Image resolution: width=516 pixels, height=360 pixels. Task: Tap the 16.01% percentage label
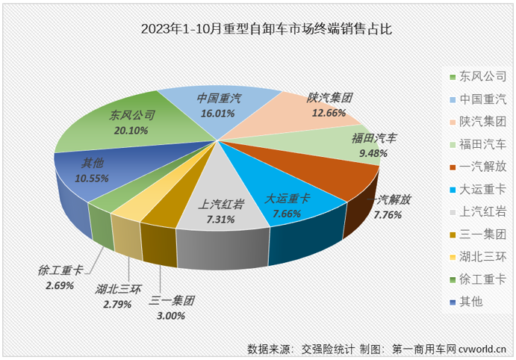pyautogui.click(x=217, y=114)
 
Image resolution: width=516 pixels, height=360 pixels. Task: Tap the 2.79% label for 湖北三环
pyautogui.click(x=113, y=304)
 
